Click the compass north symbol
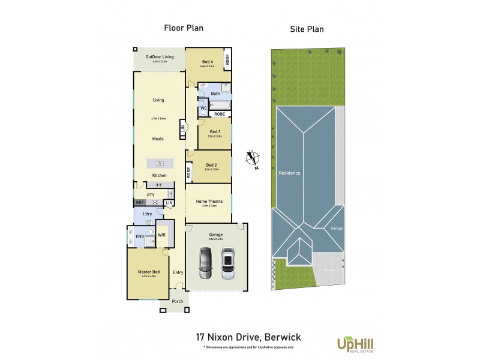coord(254,159)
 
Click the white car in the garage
coord(227,263)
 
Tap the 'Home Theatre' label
coord(208,201)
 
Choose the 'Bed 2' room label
coord(211,164)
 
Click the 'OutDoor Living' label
coord(159,56)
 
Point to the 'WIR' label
coord(161,235)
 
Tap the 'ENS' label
coord(139,237)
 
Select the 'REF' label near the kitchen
coord(140,203)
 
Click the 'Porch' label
coord(177,301)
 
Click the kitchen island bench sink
coord(159,163)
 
